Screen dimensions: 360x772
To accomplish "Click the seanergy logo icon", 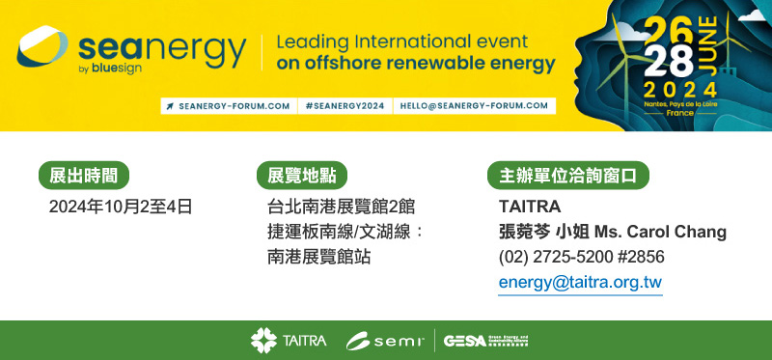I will pos(42,47).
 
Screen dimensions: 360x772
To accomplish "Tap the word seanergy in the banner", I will pos(161,48).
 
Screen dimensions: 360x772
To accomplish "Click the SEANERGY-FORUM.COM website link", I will pos(228,105).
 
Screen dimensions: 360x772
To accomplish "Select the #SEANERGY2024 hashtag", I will pos(343,105).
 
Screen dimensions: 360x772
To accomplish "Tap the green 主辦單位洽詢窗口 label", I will pos(568,176).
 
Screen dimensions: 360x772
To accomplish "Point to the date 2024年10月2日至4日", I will pos(121,207).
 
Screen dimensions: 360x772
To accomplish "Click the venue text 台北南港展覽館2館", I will pos(342,207).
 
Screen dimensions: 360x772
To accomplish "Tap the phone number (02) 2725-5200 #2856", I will pos(582,257).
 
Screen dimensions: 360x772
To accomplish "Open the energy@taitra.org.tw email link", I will pos(580,282).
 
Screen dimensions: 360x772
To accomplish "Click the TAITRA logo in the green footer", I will pos(289,341).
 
